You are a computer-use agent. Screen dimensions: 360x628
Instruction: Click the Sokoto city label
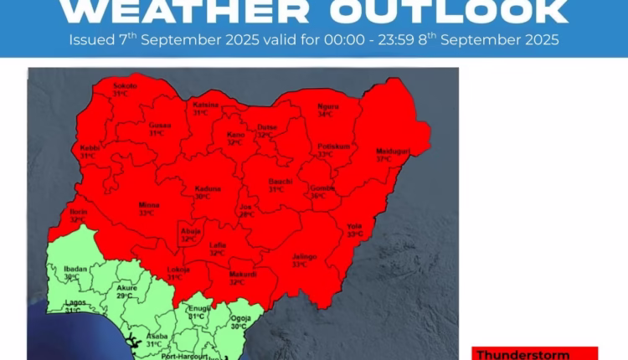(126, 86)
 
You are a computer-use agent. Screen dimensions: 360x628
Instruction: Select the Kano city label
(236, 134)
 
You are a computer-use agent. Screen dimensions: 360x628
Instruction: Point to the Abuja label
(188, 230)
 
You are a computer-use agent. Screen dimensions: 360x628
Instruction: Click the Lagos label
(73, 303)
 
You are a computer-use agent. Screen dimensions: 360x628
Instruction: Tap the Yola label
(354, 226)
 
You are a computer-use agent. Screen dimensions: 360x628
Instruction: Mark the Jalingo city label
(304, 256)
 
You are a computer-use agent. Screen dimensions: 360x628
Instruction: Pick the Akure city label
(126, 287)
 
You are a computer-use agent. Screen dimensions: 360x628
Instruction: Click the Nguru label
(328, 106)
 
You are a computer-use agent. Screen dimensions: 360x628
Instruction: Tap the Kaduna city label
(208, 188)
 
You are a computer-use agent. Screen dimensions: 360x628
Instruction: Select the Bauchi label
(279, 182)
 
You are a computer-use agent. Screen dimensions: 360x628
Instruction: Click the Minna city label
(149, 204)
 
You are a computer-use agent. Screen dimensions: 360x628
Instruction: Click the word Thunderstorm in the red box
(523, 354)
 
